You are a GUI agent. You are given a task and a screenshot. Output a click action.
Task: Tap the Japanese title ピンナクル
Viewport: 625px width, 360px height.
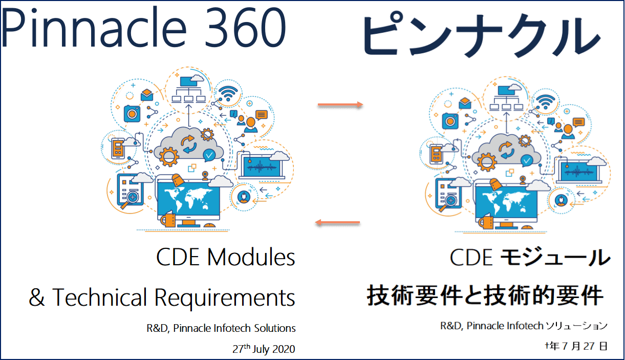pyautogui.click(x=481, y=35)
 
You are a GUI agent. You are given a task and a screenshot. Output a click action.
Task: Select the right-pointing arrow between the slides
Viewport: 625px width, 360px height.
pyautogui.click(x=339, y=105)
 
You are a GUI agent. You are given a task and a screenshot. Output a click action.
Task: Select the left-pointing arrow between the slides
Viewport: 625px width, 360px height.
pyautogui.click(x=337, y=222)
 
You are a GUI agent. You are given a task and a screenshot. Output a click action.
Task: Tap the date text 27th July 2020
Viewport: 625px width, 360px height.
pyautogui.click(x=264, y=349)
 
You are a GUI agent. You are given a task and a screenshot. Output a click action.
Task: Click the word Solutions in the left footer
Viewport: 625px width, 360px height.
pyautogui.click(x=277, y=328)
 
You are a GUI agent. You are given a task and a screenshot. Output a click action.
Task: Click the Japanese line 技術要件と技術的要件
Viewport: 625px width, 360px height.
pyautogui.click(x=485, y=296)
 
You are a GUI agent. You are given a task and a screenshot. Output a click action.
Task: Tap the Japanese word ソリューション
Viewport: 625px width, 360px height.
pyautogui.click(x=576, y=326)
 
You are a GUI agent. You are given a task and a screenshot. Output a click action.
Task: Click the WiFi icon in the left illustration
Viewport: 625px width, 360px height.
pyautogui.click(x=228, y=93)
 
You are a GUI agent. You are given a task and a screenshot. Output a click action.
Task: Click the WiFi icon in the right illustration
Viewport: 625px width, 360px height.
pyautogui.click(x=546, y=100)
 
